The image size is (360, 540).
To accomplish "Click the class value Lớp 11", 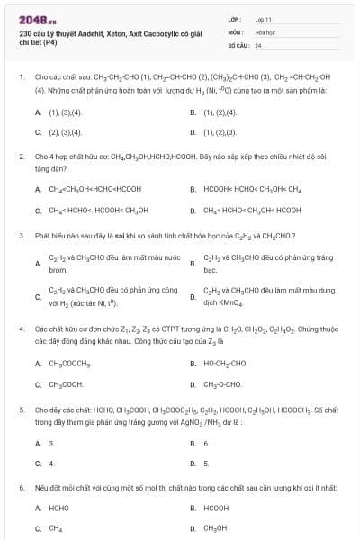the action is point(263,18).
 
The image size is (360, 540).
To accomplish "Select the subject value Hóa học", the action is point(264,31).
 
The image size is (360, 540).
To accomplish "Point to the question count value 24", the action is point(258,44).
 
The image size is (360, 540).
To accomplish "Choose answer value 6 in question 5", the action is point(206,444).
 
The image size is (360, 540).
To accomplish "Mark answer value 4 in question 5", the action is point(51,463).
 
